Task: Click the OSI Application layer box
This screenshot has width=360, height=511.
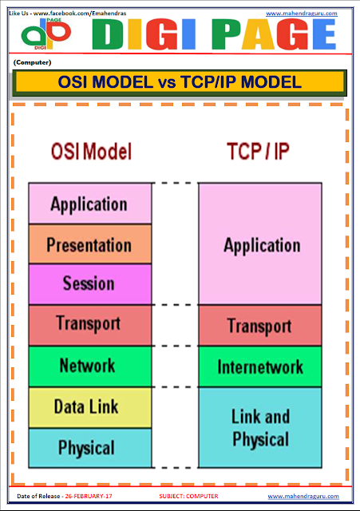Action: (x=89, y=204)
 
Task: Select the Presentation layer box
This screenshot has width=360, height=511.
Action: (x=89, y=244)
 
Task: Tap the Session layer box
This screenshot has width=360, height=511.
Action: (x=89, y=283)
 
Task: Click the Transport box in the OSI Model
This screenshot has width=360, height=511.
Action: (x=89, y=324)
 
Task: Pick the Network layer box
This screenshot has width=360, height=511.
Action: (x=89, y=366)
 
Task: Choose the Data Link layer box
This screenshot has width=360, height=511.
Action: (x=89, y=407)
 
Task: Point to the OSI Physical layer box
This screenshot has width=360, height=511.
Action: (x=89, y=447)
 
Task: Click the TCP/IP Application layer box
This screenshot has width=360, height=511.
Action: (x=261, y=244)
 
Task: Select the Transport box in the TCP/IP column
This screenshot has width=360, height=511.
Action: (x=261, y=326)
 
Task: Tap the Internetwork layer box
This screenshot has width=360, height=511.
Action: (x=261, y=367)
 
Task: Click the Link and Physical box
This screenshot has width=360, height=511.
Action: (x=261, y=427)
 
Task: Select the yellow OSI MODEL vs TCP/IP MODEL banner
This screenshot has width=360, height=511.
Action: (x=180, y=82)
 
